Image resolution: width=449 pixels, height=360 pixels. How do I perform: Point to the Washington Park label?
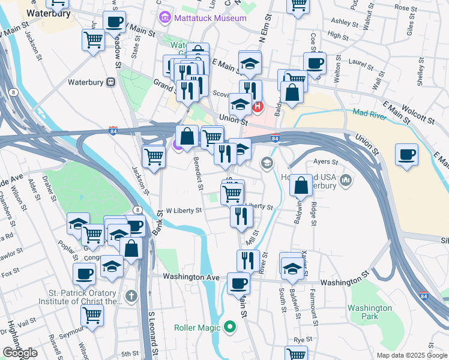(370, 312)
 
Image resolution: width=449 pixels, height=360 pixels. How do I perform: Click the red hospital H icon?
(258, 107)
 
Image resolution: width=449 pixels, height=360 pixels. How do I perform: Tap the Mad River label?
(370, 114)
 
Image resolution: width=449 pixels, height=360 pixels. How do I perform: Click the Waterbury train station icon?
(110, 82)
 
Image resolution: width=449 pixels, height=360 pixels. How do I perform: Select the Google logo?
(20, 353)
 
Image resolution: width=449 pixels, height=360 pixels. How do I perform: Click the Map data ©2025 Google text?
(411, 355)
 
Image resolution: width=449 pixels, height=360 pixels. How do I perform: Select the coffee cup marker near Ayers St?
(406, 154)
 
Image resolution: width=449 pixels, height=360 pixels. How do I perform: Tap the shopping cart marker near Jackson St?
(154, 157)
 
